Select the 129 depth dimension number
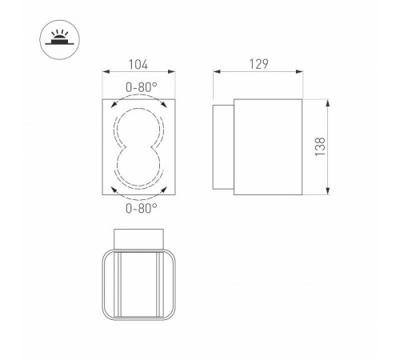(257, 64)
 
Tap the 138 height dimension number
(320, 147)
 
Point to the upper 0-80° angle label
(140, 88)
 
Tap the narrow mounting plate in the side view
(223, 147)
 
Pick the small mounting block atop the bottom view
(139, 239)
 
